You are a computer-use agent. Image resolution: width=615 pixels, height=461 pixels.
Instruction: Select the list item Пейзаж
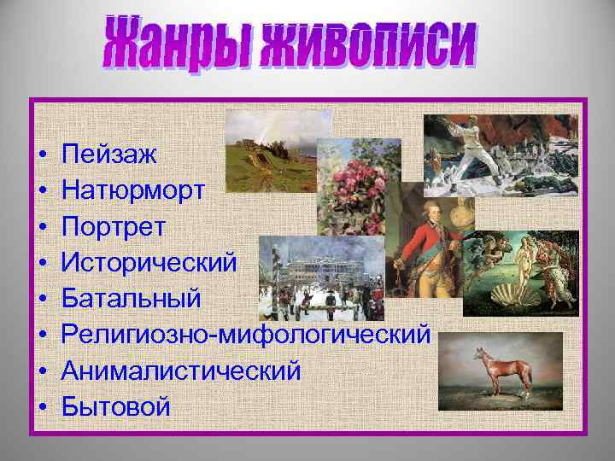pyautogui.click(x=109, y=155)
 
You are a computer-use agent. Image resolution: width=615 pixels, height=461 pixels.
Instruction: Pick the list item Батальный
pyautogui.click(x=132, y=298)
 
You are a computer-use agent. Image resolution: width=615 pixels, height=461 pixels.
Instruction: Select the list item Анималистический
pyautogui.click(x=180, y=371)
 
